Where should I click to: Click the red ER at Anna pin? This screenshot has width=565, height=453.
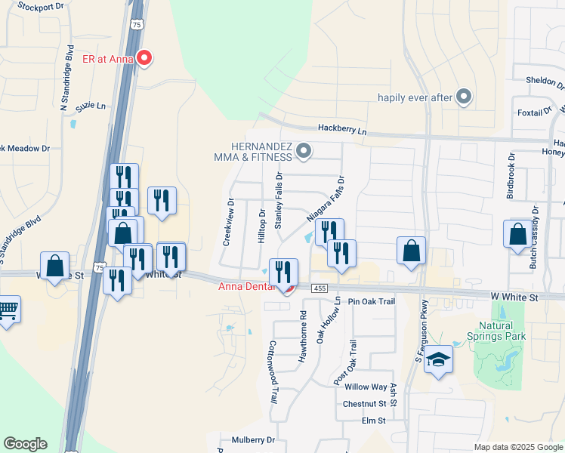pos(144,58)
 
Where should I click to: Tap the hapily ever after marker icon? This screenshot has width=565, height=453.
pos(465,97)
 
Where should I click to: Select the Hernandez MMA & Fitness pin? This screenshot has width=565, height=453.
pos(304,153)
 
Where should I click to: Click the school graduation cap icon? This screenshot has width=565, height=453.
pos(437,360)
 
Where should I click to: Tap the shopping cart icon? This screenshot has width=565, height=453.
pos(8,310)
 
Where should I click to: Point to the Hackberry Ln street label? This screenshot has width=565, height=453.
pos(341,131)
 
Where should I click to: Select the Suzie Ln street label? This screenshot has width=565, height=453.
pos(91,105)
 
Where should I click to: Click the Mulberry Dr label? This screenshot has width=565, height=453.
pos(254,439)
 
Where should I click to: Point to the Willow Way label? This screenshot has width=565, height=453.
pos(366,387)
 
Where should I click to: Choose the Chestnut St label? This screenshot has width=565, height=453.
pos(365,404)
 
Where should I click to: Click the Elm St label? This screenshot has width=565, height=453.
pos(374,421)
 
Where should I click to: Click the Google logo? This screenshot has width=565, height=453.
pos(25,444)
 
